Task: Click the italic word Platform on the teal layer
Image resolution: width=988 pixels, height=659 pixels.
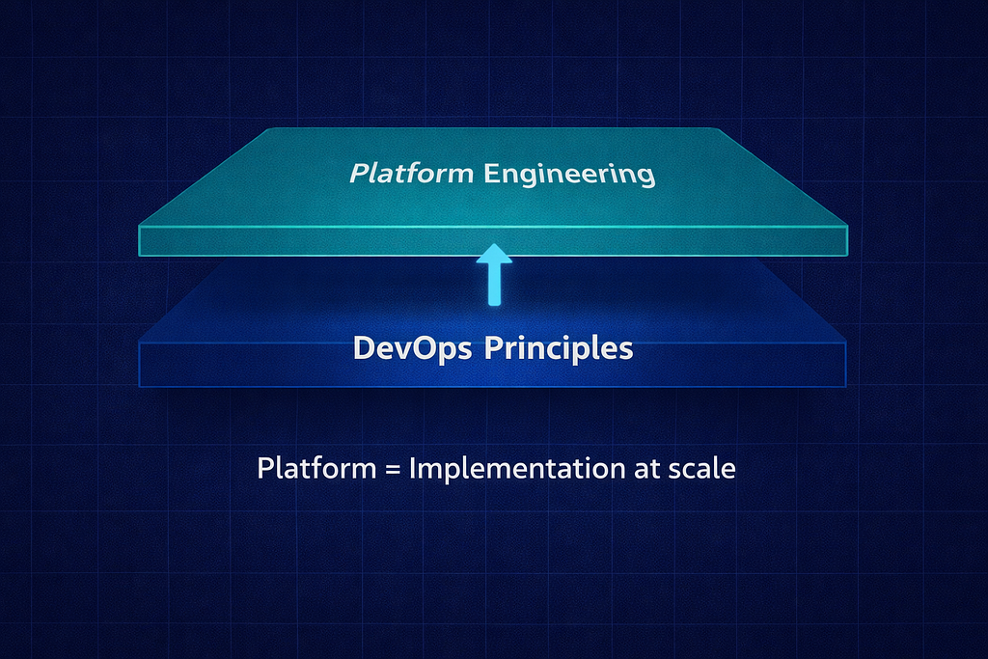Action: [411, 174]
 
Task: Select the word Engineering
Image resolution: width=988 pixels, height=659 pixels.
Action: [569, 175]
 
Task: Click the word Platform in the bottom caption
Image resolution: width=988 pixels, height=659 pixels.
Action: [316, 468]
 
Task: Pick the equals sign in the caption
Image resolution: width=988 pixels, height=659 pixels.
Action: [393, 470]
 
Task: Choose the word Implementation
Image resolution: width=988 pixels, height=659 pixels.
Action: [517, 469]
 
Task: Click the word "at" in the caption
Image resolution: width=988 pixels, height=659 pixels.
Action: [647, 469]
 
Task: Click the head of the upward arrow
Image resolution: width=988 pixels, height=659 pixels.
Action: [494, 253]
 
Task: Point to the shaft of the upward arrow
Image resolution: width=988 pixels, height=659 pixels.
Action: [495, 284]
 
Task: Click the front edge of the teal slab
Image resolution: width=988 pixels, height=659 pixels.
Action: [493, 241]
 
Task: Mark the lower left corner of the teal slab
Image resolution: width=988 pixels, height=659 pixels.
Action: [139, 256]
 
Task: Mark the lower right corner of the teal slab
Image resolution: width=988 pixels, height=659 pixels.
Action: [847, 256]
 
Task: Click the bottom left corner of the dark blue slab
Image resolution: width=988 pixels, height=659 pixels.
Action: [139, 386]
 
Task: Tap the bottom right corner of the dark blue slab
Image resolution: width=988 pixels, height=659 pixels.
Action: [845, 386]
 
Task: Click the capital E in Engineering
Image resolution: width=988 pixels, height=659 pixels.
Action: [491, 173]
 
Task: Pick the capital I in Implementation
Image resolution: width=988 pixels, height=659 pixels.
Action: [412, 468]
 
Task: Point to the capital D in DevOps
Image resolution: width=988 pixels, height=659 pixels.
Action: [365, 347]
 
